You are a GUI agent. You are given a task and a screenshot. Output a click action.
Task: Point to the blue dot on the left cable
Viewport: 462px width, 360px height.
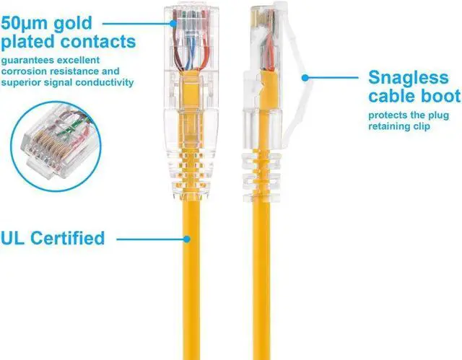pyautogui.click(x=186, y=237)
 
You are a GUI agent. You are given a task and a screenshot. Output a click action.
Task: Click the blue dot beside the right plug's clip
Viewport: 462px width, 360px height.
pyautogui.click(x=304, y=76)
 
